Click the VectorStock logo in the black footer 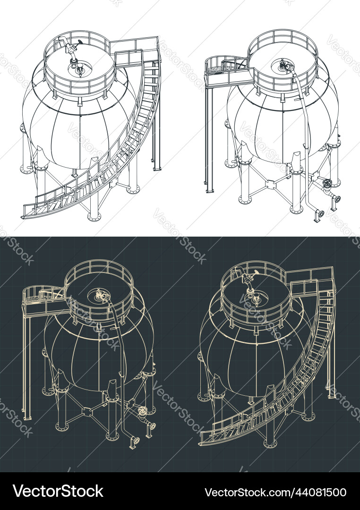click(58, 491)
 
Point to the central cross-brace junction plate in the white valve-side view click(271, 184)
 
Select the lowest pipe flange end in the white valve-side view click(319, 215)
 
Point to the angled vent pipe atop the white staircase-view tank click(71, 49)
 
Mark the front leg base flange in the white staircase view click(94, 217)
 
